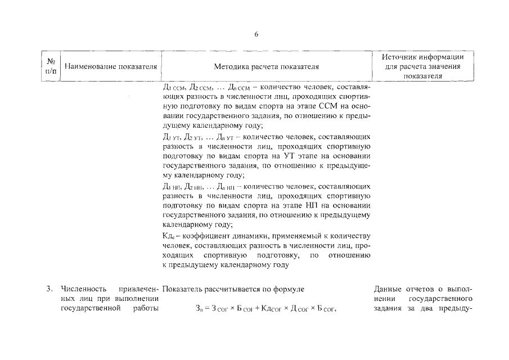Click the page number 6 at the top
pyautogui.click(x=256, y=34)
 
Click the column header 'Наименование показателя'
pyautogui.click(x=110, y=66)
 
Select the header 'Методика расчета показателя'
pyautogui.click(x=267, y=66)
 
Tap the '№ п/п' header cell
pyautogui.click(x=51, y=66)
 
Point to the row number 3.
pyautogui.click(x=49, y=289)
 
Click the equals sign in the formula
pyautogui.click(x=210, y=309)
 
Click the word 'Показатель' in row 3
pyautogui.click(x=183, y=289)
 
